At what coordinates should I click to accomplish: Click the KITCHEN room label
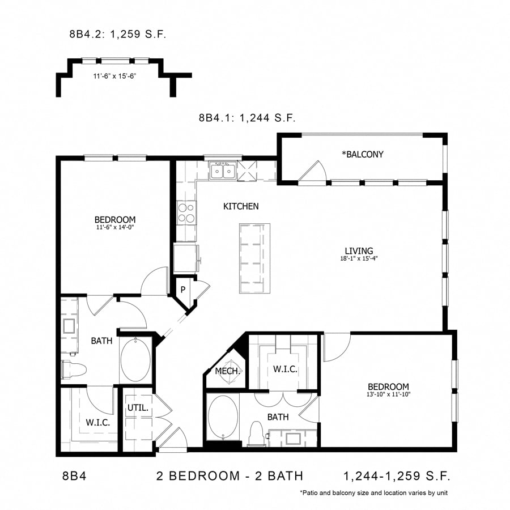[x=241, y=207]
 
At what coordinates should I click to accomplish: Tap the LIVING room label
[x=359, y=251]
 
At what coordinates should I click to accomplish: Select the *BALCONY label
[x=362, y=154]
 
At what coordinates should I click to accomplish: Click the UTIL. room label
[x=138, y=407]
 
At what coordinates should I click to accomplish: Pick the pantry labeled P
[x=183, y=290]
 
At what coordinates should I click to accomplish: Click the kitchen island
[x=254, y=258]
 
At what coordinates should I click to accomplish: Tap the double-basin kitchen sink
[x=222, y=171]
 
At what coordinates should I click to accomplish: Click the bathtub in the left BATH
[x=135, y=360]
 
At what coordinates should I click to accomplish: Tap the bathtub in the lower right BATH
[x=222, y=417]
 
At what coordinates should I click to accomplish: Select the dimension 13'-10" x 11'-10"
[x=389, y=395]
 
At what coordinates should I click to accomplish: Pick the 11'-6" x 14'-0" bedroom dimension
[x=115, y=228]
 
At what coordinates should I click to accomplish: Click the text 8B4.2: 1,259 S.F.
[x=117, y=35]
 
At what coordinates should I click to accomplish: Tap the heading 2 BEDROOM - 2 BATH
[x=229, y=476]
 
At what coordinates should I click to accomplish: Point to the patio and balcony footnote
[x=374, y=493]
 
